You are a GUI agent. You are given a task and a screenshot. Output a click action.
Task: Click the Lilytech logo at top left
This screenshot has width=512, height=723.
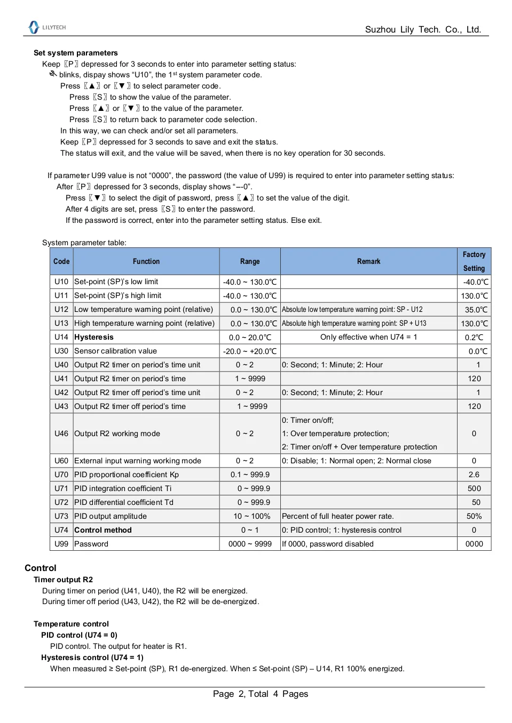(x=47, y=27)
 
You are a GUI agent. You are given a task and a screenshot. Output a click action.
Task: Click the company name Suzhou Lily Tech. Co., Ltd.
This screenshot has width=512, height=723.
(x=423, y=30)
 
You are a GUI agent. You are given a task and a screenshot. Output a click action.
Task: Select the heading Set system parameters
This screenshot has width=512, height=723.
(x=76, y=53)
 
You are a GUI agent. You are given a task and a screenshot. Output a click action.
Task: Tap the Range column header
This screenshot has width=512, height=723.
(x=250, y=261)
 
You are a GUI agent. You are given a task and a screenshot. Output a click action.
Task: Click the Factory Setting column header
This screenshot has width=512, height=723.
(x=474, y=261)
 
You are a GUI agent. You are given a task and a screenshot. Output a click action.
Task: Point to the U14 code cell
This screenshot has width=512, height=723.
(x=61, y=337)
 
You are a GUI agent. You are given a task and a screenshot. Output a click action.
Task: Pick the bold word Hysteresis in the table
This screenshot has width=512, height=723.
(x=94, y=337)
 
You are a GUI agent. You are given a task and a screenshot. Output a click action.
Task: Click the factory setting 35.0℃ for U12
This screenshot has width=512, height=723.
(x=476, y=310)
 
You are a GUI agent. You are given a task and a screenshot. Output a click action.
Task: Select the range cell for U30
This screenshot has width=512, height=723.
(x=250, y=351)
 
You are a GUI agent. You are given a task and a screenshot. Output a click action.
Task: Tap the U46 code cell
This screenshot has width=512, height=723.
(x=61, y=433)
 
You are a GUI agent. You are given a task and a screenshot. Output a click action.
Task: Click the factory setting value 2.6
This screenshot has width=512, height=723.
(x=474, y=475)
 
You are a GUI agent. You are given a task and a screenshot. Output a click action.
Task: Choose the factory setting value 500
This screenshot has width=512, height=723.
(x=474, y=488)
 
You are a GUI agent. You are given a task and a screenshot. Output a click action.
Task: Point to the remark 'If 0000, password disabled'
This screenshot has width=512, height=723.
(x=328, y=544)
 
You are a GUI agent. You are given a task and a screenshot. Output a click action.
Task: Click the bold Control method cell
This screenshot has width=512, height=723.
(x=103, y=530)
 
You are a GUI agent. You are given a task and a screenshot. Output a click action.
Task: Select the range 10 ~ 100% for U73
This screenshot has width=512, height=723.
(x=251, y=516)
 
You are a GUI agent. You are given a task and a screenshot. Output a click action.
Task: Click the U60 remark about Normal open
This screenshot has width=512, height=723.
(x=357, y=461)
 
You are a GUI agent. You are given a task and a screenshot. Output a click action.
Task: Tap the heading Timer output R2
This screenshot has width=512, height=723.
(x=63, y=580)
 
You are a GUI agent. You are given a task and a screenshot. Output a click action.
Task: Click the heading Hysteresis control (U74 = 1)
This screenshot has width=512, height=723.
(x=92, y=657)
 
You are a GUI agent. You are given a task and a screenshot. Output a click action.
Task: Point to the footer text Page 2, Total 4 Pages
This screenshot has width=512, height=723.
(x=260, y=694)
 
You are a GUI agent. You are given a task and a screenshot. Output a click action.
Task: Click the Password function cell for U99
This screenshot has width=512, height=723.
(x=91, y=544)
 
